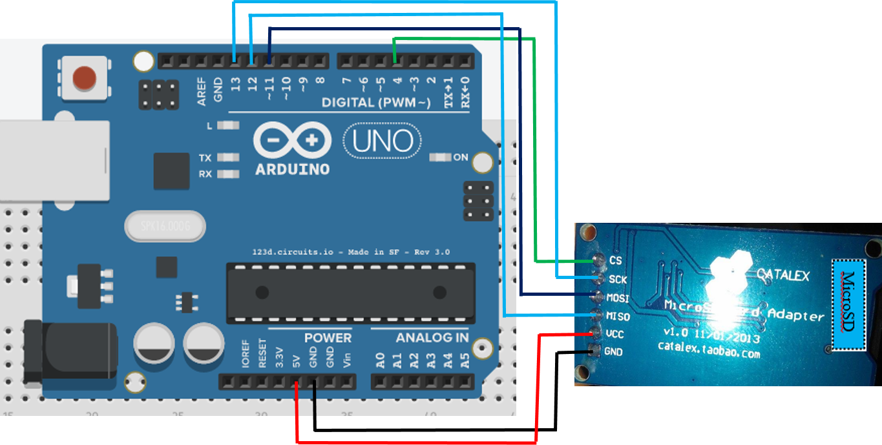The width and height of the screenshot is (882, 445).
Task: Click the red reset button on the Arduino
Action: tap(85, 78)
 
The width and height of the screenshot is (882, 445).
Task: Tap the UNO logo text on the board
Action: tap(383, 141)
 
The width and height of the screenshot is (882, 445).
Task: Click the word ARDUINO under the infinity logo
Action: tap(292, 169)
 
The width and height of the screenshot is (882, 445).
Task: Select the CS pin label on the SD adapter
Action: tap(615, 260)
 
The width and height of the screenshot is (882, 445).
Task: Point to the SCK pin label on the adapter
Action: tap(618, 279)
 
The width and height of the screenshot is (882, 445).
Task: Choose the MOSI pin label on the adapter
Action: tap(618, 298)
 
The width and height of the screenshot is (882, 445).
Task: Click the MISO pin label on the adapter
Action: tap(618, 316)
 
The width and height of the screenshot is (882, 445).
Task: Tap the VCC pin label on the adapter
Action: tap(614, 334)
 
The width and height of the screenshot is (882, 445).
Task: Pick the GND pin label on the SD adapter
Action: tap(613, 352)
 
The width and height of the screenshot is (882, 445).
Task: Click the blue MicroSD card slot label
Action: tap(848, 305)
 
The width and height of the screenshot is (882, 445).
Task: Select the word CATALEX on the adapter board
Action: tap(782, 275)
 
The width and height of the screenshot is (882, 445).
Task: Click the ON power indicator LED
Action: tap(441, 157)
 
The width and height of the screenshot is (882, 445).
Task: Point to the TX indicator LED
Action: tap(226, 158)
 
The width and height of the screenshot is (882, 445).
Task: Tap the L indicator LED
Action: tap(226, 126)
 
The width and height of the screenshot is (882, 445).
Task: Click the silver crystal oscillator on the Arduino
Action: tap(165, 226)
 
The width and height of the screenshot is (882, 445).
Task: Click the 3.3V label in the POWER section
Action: tap(279, 357)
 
